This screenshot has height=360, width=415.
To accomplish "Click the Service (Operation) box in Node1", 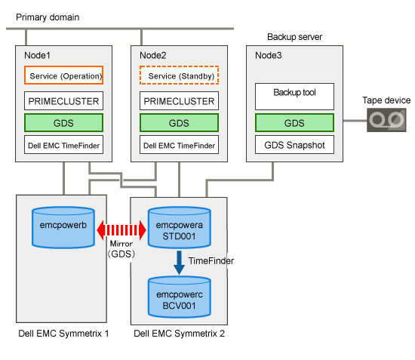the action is pos(63,75).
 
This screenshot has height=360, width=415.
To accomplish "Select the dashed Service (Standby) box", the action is pos(179,75).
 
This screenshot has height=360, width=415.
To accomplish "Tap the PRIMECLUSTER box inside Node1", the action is pos(63,101).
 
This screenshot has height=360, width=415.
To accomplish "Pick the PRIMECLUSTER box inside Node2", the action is pos(179,101).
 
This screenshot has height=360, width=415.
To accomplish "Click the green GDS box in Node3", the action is pos(294,123).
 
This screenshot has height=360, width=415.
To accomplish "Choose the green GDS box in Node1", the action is pos(63,123).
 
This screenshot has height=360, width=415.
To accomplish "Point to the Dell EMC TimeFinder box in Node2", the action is pos(179,145).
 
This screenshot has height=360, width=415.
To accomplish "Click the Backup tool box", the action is pos(294,97).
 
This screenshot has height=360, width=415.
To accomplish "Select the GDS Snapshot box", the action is pos(294,145).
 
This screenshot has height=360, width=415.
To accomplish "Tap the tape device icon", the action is pos(386,120).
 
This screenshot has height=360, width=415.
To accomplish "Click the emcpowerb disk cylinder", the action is pos(63,227).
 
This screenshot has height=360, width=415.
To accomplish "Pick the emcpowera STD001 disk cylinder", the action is pos(179,227).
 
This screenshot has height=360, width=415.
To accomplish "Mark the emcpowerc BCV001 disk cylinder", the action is pos(179,297).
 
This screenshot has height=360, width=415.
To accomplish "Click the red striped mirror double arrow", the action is pos(121,230).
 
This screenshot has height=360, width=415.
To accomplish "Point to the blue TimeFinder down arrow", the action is pos(179,263).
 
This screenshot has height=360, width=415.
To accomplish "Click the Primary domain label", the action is pos(48,17).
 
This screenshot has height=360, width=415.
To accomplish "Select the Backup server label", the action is pos(294,37).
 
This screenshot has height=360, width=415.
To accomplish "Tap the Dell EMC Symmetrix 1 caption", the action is pos(63,334).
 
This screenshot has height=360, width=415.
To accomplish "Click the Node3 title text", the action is pos(269,55).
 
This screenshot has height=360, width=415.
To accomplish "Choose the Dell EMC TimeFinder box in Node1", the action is pos(63,145).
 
